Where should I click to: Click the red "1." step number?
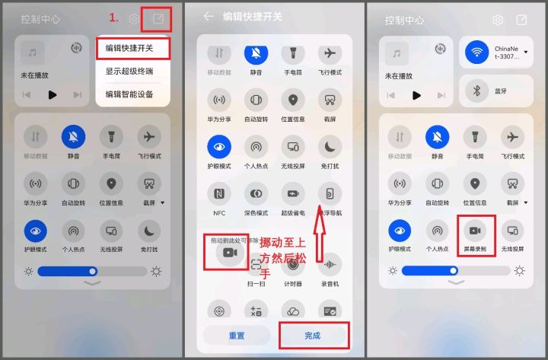pos(115,18)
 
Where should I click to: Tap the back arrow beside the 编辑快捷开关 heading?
pos(209,16)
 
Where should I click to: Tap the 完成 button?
pos(312,335)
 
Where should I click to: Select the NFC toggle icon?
pos(219,193)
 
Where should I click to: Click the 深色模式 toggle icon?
pos(256,193)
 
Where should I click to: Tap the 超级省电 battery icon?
pos(293,193)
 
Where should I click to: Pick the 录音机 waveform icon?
pos(330,265)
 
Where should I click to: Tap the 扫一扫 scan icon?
pos(256,265)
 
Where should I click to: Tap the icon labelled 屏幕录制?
pos(476,230)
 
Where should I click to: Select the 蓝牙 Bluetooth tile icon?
pos(477,91)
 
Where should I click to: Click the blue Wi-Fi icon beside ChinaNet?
pos(477,53)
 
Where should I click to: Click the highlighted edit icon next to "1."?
pos(157,19)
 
